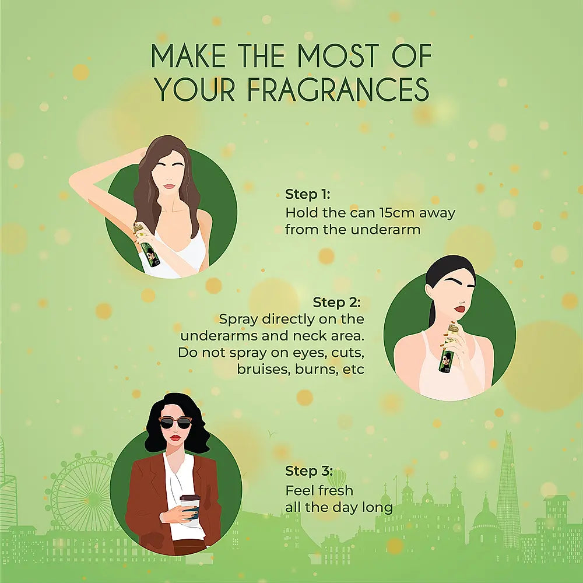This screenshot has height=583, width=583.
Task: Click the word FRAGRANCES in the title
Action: point(338,89)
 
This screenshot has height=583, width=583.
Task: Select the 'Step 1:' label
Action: point(307,194)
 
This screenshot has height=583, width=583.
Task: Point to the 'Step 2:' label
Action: point(336,302)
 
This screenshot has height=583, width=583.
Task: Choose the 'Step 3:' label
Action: point(309,470)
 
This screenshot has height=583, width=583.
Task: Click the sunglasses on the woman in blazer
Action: point(175,423)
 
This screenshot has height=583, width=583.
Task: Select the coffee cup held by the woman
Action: point(190,508)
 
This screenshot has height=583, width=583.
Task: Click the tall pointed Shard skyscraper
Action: point(507,490)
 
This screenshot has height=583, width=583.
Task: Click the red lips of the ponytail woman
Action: point(461,309)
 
